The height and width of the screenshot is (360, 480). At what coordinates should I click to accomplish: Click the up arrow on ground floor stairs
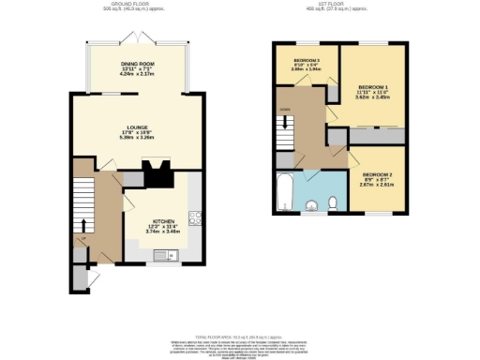84,226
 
